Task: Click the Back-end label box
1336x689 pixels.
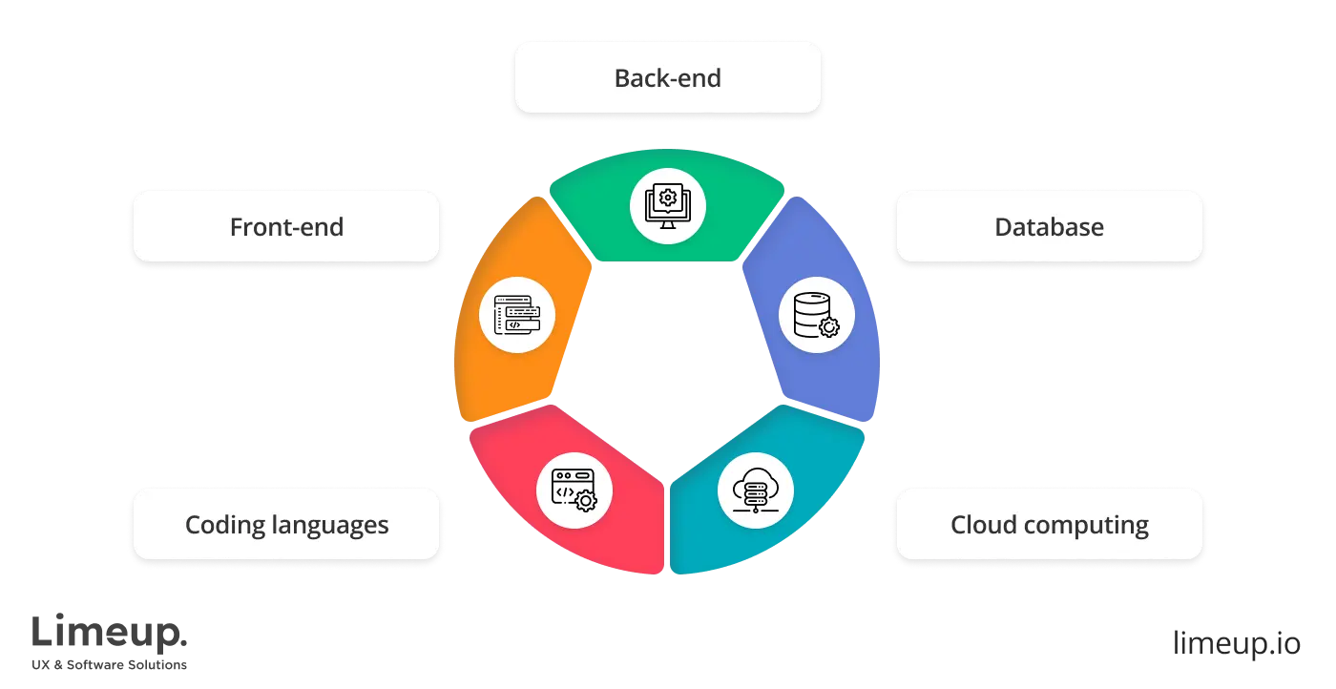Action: click(x=667, y=78)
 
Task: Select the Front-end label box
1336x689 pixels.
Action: click(x=286, y=227)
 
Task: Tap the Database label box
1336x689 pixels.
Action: click(x=1049, y=227)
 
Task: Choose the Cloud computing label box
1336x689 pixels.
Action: click(x=1049, y=525)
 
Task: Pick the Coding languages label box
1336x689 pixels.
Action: click(x=286, y=525)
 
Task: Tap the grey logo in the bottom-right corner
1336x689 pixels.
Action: click(x=1236, y=640)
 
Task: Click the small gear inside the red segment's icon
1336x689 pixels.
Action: click(x=587, y=501)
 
